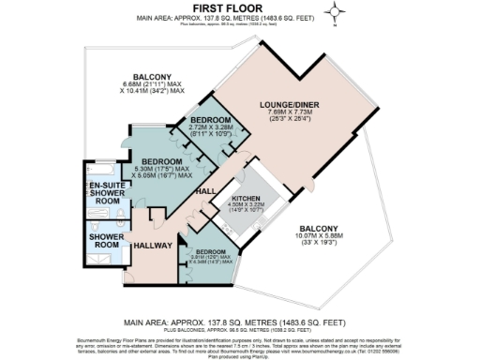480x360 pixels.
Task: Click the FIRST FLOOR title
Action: point(239,7)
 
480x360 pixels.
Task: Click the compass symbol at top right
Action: point(336,12)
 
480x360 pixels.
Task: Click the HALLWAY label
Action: point(152,245)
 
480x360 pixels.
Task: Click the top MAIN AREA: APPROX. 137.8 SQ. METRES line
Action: point(239,17)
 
